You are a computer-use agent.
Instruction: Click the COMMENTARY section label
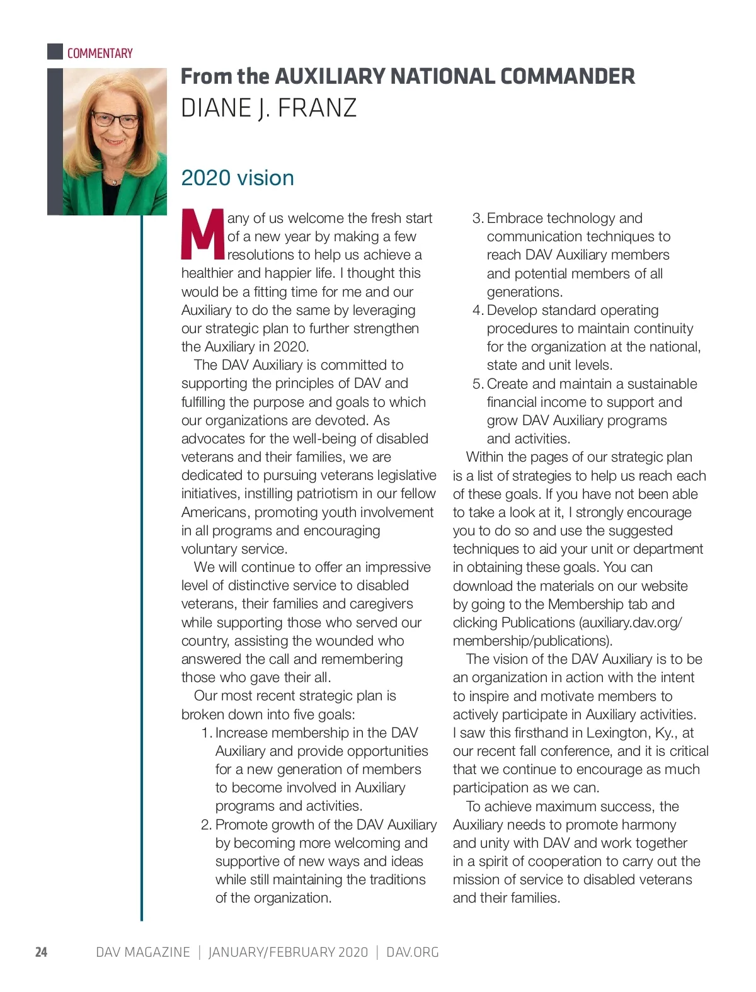(100, 54)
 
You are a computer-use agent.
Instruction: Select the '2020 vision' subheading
(238, 178)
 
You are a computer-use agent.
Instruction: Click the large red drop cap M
(202, 235)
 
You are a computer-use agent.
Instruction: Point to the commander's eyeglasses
(115, 120)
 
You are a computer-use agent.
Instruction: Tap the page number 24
(41, 952)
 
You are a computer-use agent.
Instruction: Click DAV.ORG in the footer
(412, 952)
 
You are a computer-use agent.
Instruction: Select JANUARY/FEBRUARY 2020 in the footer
(288, 952)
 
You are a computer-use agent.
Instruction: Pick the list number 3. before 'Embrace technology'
(478, 219)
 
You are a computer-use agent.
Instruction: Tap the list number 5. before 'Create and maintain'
(478, 384)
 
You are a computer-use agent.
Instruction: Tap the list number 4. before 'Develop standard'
(478, 311)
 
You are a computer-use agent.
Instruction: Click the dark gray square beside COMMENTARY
(55, 52)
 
